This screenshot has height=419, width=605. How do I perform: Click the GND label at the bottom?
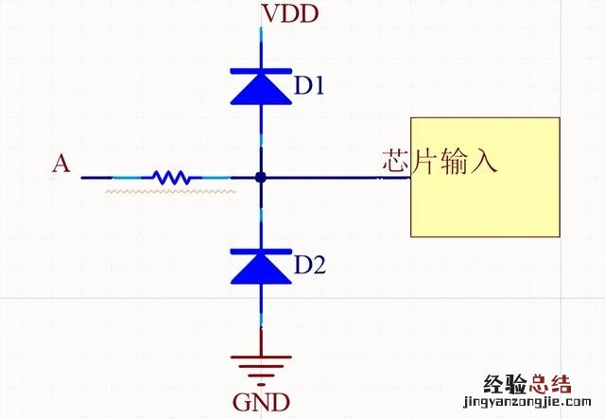[262, 402]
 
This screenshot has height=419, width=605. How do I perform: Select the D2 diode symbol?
[260, 266]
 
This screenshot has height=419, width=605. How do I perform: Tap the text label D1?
[309, 86]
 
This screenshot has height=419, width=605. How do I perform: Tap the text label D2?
[309, 266]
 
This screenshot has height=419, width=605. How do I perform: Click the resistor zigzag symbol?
[171, 177]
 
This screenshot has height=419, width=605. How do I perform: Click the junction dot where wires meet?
[260, 177]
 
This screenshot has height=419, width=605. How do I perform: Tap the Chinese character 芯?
[396, 161]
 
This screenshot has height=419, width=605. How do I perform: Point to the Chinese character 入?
[482, 161]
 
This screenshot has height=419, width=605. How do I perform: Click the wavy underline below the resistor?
[170, 191]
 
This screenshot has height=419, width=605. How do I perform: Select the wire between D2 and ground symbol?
[260, 317]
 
